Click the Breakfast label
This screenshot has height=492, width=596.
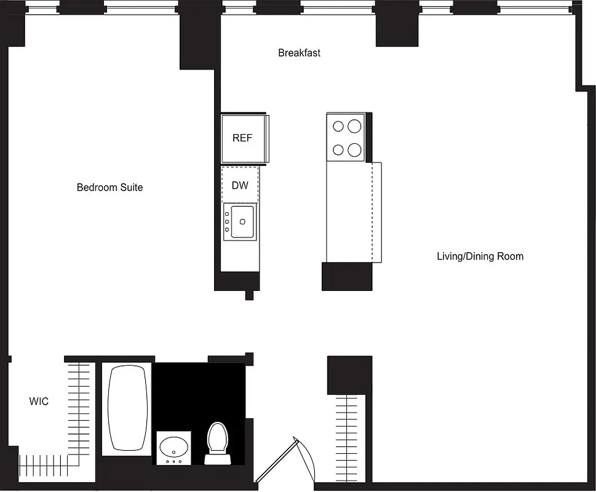click(x=299, y=53)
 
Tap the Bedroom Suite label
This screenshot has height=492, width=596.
click(x=109, y=187)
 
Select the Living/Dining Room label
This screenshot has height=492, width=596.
click(x=480, y=256)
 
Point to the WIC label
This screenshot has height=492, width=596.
click(x=39, y=402)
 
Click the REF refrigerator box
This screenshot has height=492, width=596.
click(x=242, y=138)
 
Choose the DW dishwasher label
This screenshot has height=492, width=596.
click(x=240, y=184)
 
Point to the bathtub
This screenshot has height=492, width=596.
click(x=129, y=409)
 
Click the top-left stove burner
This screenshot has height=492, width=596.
click(x=338, y=127)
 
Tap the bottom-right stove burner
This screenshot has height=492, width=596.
click(x=354, y=149)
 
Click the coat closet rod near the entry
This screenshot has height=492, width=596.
click(x=349, y=437)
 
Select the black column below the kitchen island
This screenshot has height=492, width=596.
click(x=347, y=276)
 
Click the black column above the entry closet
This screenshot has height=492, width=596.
click(x=349, y=375)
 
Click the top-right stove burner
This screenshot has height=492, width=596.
click(x=354, y=127)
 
